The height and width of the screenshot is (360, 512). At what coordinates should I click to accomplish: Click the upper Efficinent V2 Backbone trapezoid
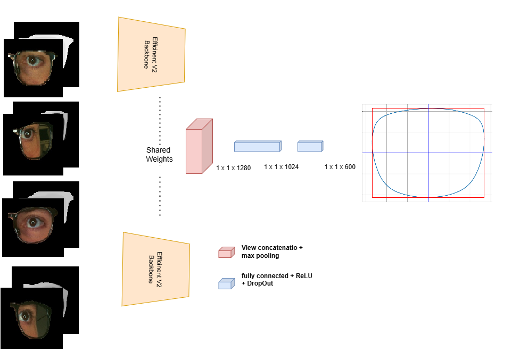151,54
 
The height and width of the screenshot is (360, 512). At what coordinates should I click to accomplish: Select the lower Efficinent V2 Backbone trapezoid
155,269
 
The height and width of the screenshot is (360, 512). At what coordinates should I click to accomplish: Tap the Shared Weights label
159,155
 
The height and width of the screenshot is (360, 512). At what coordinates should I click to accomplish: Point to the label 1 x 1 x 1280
233,168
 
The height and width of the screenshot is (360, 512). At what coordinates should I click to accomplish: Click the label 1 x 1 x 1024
281,167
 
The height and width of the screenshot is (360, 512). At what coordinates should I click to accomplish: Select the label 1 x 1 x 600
340,167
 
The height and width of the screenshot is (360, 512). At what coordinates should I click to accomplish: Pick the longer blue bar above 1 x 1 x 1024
257,146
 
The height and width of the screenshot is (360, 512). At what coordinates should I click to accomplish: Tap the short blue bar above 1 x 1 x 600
310,146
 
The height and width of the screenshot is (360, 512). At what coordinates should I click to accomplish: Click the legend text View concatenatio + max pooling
272,252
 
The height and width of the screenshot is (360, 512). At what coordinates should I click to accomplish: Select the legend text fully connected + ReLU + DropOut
276,280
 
